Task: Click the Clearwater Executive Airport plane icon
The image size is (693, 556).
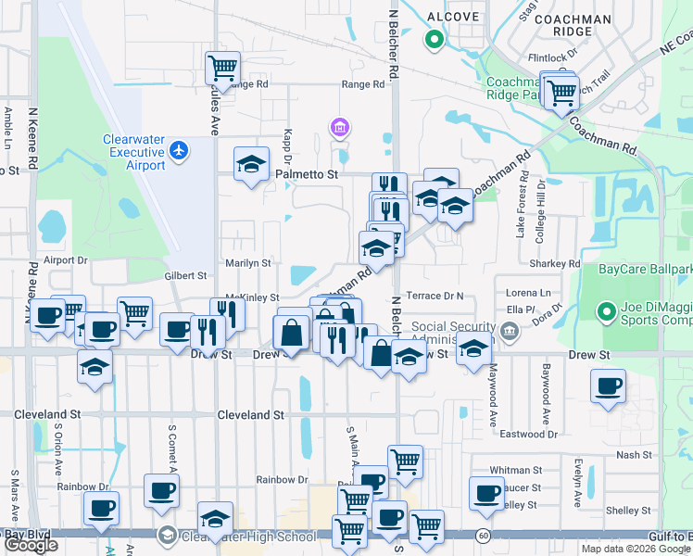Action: [x=179, y=150]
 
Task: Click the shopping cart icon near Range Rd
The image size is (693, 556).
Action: [x=222, y=68]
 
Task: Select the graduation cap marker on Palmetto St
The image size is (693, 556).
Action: [x=250, y=164]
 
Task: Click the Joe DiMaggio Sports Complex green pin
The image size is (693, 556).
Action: [x=608, y=311]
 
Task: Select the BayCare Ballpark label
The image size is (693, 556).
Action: [x=645, y=270]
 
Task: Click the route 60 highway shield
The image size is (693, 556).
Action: [x=484, y=536]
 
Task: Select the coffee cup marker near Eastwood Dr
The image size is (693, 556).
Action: [x=608, y=386]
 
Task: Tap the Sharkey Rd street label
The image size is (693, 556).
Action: [x=556, y=264]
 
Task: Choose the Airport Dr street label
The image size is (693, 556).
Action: [x=65, y=261]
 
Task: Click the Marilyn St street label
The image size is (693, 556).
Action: [x=247, y=263]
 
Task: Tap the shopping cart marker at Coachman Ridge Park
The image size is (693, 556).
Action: [x=560, y=92]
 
